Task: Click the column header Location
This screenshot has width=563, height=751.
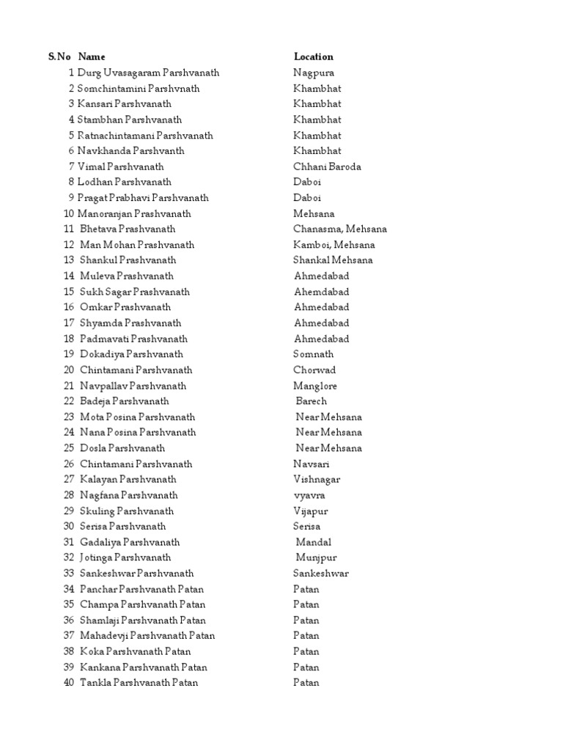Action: click(313, 56)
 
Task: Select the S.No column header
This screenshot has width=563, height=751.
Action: click(59, 56)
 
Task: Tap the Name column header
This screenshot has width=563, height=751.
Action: click(92, 56)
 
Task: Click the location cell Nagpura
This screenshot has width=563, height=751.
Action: click(314, 73)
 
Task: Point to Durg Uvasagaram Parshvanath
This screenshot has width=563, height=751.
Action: click(148, 73)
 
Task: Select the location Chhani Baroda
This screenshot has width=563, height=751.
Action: click(327, 166)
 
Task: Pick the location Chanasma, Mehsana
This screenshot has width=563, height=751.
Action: click(340, 229)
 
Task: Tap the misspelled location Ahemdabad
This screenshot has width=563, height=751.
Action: click(321, 292)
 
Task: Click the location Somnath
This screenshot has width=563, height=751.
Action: click(313, 354)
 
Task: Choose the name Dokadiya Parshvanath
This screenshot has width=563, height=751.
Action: click(131, 354)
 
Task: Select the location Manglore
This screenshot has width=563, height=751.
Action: click(315, 386)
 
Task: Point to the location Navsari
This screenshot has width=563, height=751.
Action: click(312, 464)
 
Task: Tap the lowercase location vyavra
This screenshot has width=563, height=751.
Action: click(309, 495)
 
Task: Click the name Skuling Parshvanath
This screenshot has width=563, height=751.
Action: click(127, 510)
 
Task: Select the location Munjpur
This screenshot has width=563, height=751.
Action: click(316, 557)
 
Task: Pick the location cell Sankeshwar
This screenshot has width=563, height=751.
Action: click(321, 573)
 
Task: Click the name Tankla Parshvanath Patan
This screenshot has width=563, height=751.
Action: click(139, 683)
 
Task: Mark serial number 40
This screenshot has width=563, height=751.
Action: click(69, 683)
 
